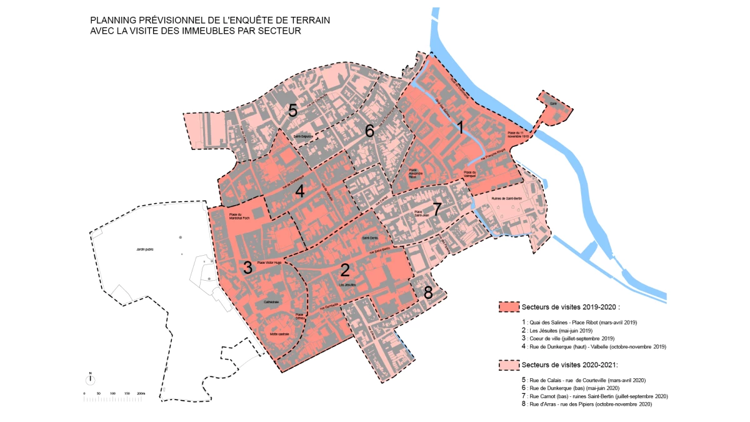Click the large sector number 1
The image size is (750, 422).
click(460, 128)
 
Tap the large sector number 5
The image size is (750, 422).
click(292, 111)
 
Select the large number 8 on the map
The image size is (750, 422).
click(428, 292)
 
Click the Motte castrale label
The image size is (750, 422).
click(279, 335)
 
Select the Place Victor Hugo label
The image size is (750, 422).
click(270, 263)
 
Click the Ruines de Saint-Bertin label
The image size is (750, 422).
click(505, 198)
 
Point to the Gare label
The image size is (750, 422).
click(553, 103)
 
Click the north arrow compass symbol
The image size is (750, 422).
click(90, 379)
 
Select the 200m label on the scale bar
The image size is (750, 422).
click(141, 393)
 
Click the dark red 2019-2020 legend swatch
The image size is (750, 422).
click(509, 307)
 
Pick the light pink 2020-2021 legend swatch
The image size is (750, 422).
click(509, 364)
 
